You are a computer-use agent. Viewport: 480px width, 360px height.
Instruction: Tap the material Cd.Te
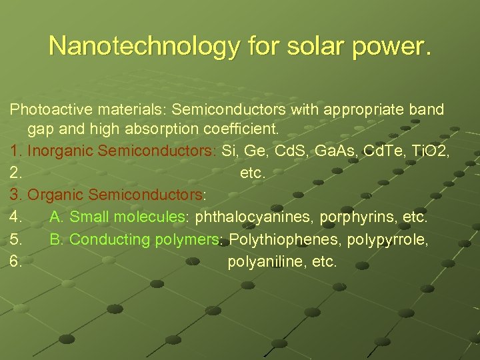pos(377,151)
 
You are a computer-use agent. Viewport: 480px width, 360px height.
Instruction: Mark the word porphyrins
pos(357,217)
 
